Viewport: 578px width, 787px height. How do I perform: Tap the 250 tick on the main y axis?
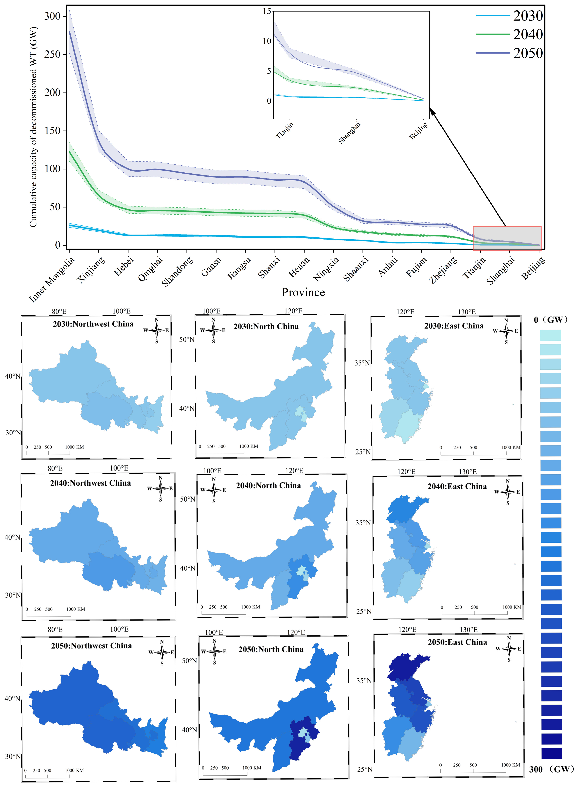(52, 54)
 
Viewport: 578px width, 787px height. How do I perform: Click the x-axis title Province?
(303, 292)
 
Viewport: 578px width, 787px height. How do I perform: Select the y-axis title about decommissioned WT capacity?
(33, 127)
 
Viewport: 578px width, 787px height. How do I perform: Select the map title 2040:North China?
(268, 485)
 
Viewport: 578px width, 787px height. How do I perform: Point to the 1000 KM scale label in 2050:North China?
(252, 768)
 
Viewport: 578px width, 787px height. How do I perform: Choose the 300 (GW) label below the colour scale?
(551, 769)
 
